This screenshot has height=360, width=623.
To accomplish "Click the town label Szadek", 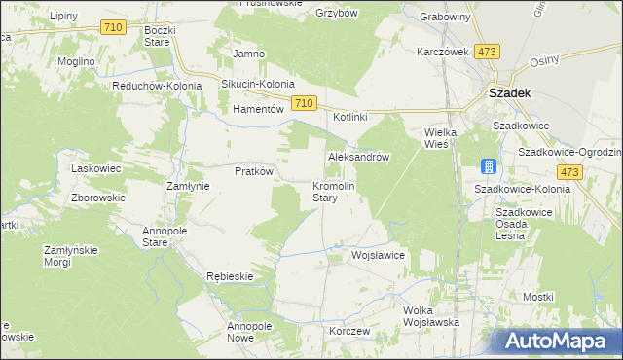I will click(507, 94).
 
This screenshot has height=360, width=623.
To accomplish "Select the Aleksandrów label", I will click(359, 157).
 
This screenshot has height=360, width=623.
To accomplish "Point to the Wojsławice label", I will click(378, 255).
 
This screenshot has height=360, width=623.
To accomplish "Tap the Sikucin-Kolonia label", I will click(257, 85).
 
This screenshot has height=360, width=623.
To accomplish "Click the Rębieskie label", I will click(230, 276).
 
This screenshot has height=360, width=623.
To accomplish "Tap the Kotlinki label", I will click(350, 118).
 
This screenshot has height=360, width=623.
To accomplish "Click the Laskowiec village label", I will click(96, 168).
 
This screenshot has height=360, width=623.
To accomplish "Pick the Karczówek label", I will click(443, 52).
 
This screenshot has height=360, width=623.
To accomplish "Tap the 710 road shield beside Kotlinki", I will click(303, 103).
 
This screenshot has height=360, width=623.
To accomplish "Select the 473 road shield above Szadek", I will click(488, 52).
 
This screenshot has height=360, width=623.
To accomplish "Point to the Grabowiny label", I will click(445, 17).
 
